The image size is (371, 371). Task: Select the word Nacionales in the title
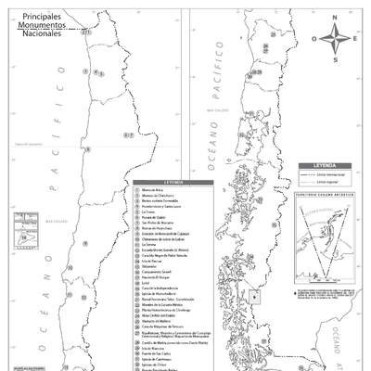coord(42,33)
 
